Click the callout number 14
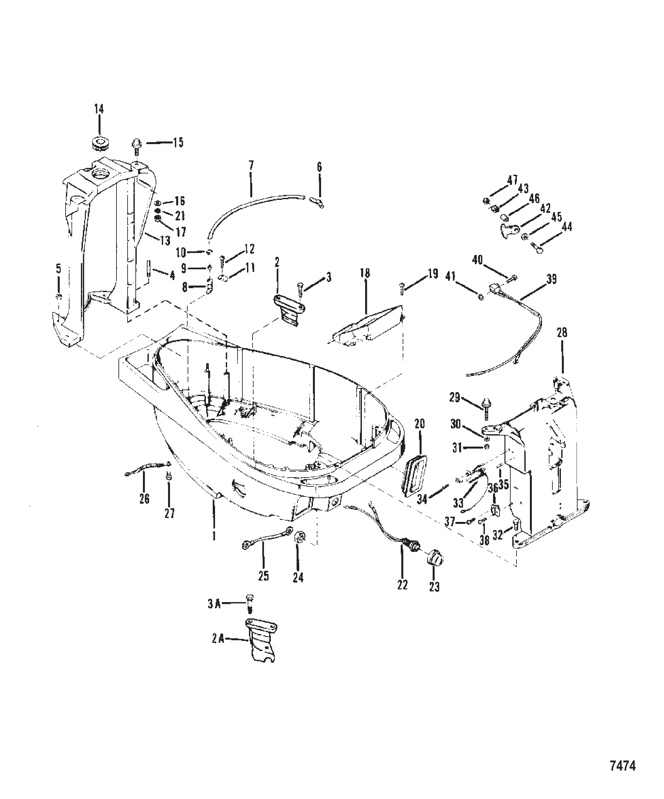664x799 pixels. [99, 110]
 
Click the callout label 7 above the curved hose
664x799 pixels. [251, 166]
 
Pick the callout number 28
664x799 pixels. [562, 333]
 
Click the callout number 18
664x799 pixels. [365, 273]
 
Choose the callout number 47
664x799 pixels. [513, 180]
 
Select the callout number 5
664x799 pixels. [59, 269]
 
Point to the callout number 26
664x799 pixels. [144, 498]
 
